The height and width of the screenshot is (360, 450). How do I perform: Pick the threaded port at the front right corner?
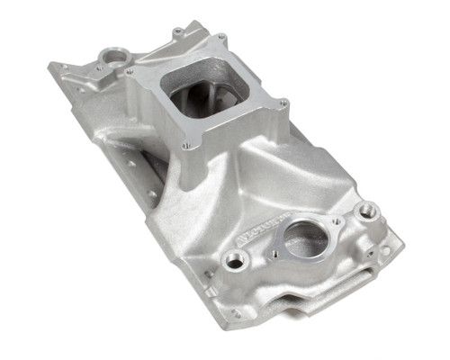tap(365, 212)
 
